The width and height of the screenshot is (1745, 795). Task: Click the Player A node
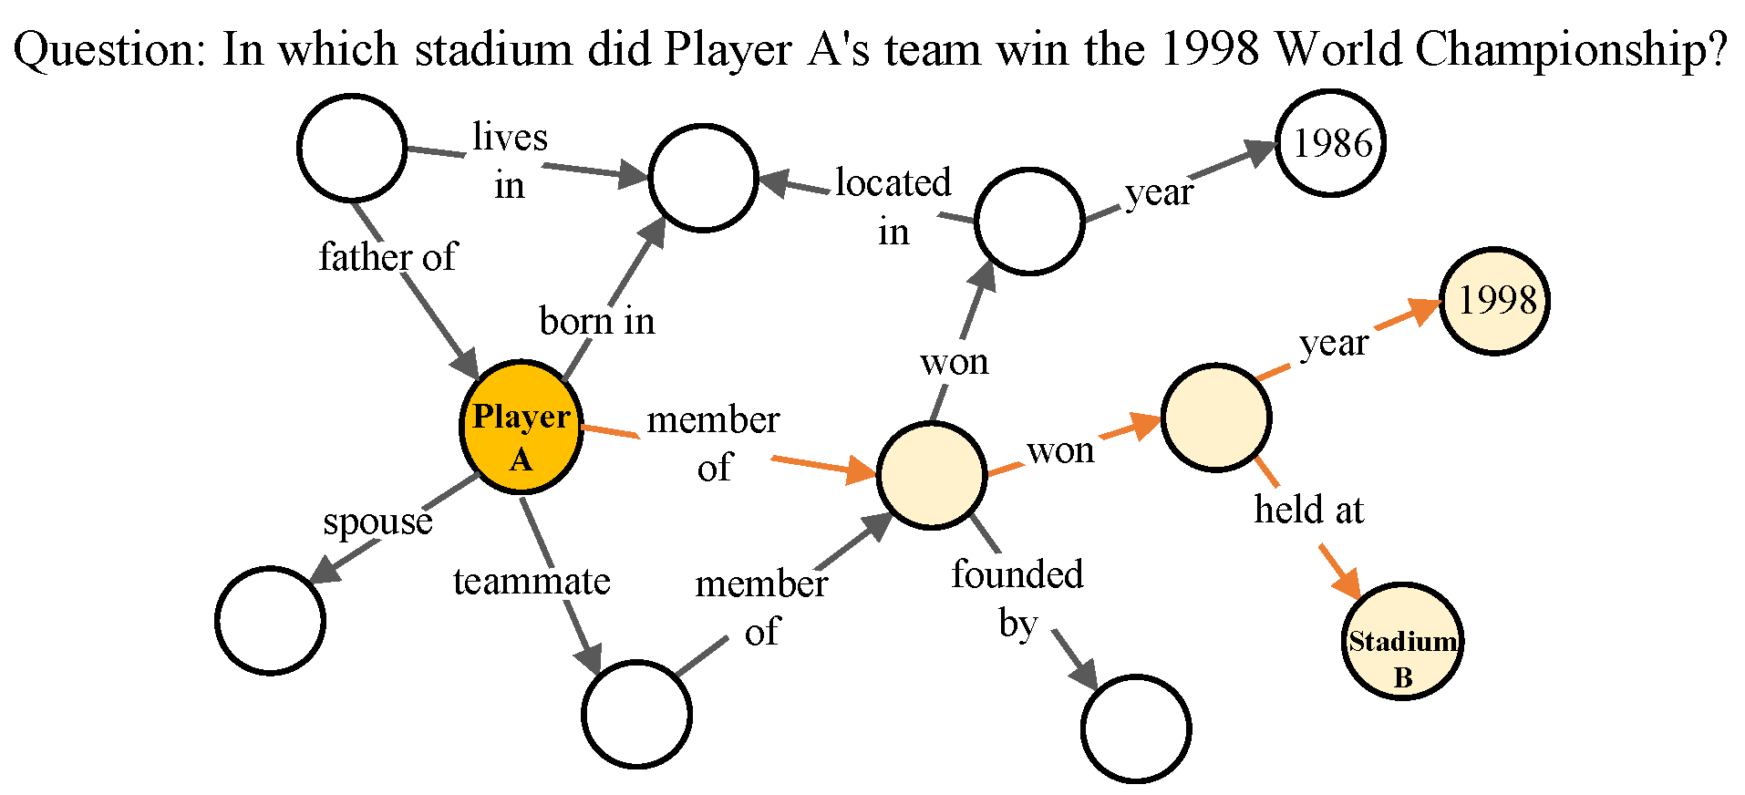(x=521, y=427)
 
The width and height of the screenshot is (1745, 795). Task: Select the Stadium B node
(x=1401, y=641)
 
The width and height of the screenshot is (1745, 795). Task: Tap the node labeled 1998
(x=1495, y=301)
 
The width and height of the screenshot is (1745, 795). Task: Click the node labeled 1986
(x=1331, y=143)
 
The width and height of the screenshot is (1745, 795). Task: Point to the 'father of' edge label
(x=387, y=257)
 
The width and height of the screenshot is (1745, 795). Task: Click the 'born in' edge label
(x=597, y=321)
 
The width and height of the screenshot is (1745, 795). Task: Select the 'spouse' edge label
(x=377, y=521)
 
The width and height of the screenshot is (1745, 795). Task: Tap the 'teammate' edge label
(x=532, y=581)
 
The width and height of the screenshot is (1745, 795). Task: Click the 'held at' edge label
(x=1308, y=510)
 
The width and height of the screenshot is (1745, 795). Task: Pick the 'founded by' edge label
(x=1017, y=598)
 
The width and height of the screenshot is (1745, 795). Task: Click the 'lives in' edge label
(x=510, y=160)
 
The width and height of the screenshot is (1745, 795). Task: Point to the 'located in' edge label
(x=893, y=207)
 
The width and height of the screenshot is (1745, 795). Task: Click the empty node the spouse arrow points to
(x=271, y=621)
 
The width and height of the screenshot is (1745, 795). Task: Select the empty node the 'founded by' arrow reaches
(x=1136, y=728)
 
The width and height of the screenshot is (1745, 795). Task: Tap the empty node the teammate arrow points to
(x=637, y=714)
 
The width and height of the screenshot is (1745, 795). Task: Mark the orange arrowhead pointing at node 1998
(x=1424, y=311)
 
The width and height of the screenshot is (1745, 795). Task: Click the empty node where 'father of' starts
(x=353, y=148)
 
